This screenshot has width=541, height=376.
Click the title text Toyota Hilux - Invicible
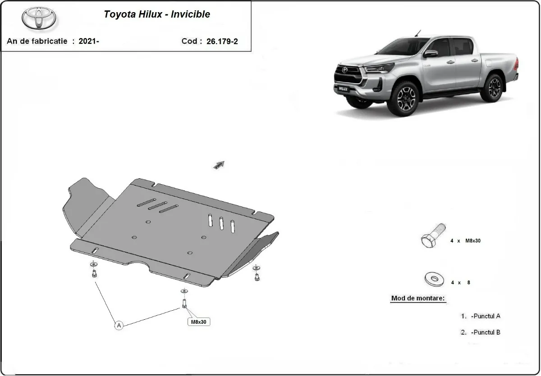point(157,14)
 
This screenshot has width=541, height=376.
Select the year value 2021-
point(89,41)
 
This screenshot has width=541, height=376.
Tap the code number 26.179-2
point(222,41)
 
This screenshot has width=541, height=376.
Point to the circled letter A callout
point(119,325)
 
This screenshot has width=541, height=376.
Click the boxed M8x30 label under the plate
point(199,322)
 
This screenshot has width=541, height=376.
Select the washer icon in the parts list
point(435,280)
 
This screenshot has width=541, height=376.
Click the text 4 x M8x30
point(465,241)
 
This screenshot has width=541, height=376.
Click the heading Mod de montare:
point(418,298)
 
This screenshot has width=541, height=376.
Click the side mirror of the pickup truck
point(431,54)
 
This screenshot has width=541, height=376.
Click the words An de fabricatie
point(37,41)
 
